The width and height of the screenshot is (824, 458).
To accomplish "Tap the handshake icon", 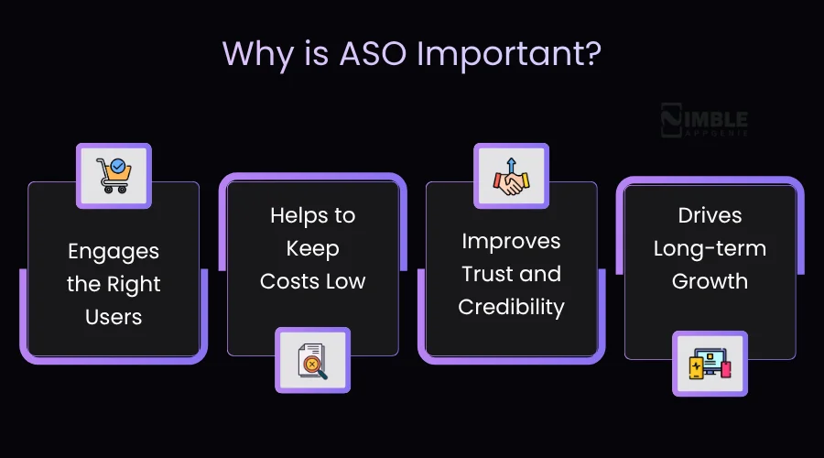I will pyautogui.click(x=511, y=176).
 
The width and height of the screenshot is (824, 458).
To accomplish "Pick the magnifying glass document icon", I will pyautogui.click(x=312, y=361).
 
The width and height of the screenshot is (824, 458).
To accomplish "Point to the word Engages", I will pyautogui.click(x=114, y=251).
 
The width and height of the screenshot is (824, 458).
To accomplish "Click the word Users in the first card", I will pyautogui.click(x=114, y=317).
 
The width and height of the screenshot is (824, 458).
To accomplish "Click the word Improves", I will pyautogui.click(x=511, y=241).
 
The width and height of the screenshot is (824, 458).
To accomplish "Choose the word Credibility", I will pyautogui.click(x=511, y=307).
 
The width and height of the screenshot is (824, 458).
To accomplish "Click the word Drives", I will pyautogui.click(x=710, y=215).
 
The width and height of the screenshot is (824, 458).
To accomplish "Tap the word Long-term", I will pyautogui.click(x=710, y=248).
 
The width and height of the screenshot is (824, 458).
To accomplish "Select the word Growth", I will pyautogui.click(x=710, y=281).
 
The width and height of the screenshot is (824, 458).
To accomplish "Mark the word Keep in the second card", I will pyautogui.click(x=312, y=248).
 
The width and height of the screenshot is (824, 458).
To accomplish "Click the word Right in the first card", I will pyautogui.click(x=133, y=284).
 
